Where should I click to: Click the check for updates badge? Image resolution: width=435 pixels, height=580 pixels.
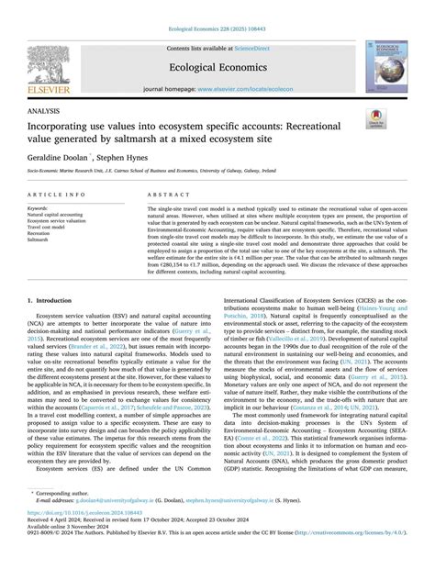click(x=376, y=119)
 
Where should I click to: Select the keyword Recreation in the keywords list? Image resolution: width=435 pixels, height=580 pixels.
click(x=41, y=234)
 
